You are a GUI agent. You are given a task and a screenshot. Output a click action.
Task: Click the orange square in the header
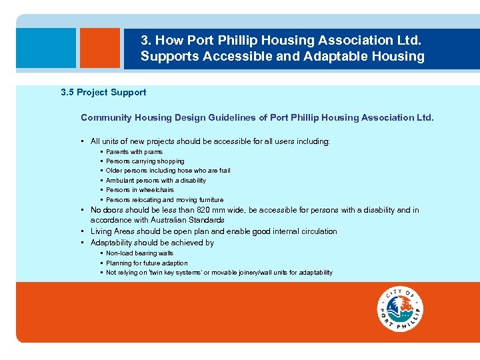(x=99, y=48)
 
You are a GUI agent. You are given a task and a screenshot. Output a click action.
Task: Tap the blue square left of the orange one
(x=46, y=48)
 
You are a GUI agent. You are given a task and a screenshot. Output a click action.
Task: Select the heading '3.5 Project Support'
(x=103, y=93)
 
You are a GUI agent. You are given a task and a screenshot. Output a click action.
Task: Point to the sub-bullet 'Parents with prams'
(x=134, y=152)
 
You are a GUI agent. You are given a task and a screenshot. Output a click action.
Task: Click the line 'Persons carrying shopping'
(x=145, y=161)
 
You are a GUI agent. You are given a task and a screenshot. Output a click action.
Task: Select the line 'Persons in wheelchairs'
(x=139, y=190)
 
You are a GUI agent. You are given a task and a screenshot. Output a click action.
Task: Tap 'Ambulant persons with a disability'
(x=155, y=181)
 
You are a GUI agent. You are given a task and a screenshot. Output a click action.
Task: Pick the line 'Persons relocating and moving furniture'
(x=164, y=200)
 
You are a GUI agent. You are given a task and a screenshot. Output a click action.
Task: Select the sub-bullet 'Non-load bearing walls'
(x=139, y=253)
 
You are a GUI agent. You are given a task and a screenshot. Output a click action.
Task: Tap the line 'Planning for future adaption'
(x=147, y=263)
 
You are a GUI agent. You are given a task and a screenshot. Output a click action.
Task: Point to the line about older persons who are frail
(x=168, y=171)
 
